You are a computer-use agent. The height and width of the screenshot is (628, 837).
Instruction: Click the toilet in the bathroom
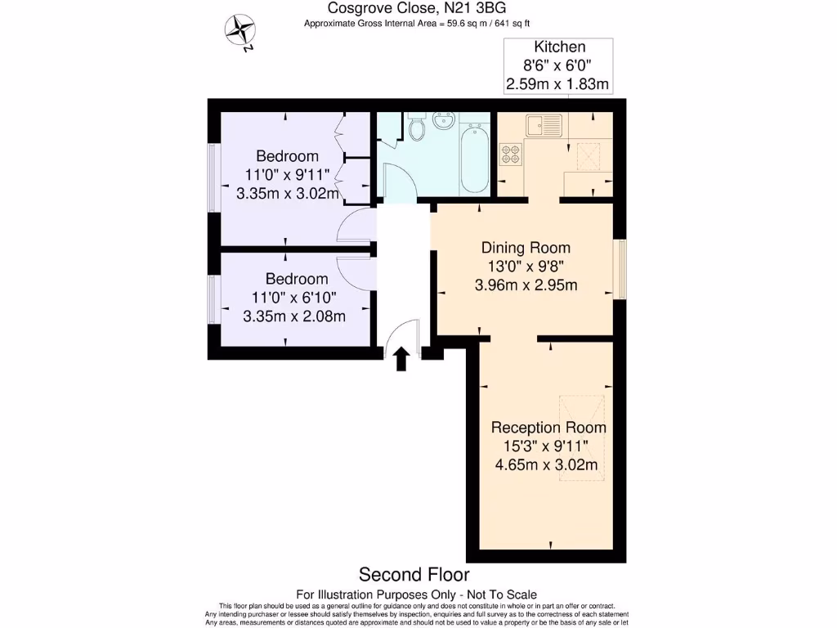[x=417, y=128]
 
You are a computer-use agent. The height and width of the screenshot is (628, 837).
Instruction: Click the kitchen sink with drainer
[x=543, y=124]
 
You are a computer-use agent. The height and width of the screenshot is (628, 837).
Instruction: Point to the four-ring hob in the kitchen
[x=511, y=153]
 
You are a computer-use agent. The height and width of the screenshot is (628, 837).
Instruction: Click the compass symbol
[x=240, y=30]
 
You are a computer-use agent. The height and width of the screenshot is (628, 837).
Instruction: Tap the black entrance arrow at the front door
[x=401, y=358]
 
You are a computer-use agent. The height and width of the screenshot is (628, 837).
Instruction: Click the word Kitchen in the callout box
[x=559, y=47]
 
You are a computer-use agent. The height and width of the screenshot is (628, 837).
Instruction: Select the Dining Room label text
[x=526, y=248]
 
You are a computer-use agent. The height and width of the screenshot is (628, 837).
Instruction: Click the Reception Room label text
[x=548, y=427]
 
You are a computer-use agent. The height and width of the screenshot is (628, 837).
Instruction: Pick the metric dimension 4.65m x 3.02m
[x=546, y=465]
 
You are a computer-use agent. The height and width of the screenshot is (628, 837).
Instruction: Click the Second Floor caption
[x=414, y=575]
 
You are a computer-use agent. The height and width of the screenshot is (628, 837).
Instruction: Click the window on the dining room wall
[x=621, y=269]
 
